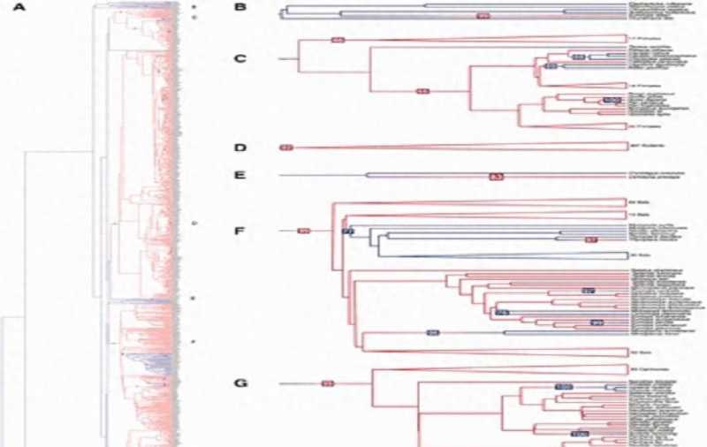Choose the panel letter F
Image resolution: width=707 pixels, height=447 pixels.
click(x=239, y=233)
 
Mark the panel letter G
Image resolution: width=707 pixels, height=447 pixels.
click(x=239, y=383)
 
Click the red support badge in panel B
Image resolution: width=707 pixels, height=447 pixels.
click(x=483, y=17)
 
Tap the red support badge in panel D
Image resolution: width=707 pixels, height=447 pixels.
click(x=285, y=146)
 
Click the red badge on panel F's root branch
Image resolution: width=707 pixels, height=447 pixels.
click(x=303, y=231)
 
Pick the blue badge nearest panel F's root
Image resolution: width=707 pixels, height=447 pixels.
click(x=347, y=231)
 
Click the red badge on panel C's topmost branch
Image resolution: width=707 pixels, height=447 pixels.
click(x=337, y=41)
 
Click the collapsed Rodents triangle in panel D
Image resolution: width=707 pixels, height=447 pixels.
click(x=530, y=146)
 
